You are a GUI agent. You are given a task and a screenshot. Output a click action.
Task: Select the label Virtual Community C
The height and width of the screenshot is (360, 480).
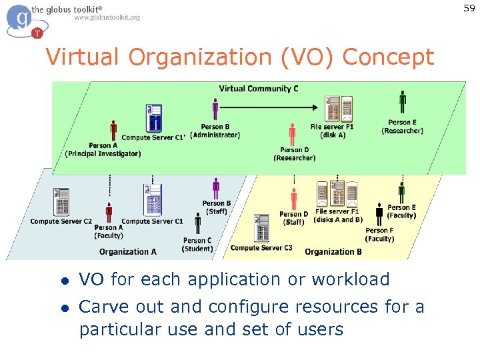pos(259,89)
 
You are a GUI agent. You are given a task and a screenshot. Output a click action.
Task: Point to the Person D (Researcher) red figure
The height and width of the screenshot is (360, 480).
pos(293,134)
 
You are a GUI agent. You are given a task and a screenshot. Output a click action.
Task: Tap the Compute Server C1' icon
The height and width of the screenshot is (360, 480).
pos(154,119)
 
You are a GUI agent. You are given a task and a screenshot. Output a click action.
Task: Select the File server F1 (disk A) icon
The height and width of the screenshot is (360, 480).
pos(339,109)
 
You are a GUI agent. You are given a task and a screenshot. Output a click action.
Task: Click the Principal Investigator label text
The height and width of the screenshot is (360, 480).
pos(103,154)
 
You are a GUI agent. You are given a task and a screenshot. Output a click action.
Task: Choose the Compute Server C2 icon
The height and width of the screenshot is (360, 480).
pos(62,202)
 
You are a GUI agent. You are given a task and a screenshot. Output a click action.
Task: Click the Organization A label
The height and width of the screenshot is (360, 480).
pos(128,251)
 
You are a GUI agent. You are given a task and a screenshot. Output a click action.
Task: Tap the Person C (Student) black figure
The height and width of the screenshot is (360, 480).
pos(198,224)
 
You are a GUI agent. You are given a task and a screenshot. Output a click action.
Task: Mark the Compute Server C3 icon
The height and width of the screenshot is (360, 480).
pos(261,229)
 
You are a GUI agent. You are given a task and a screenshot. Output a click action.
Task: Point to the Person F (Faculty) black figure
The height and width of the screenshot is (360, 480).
pos(379,215)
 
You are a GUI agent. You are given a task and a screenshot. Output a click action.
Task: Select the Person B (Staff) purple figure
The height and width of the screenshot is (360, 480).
pos(216,188)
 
